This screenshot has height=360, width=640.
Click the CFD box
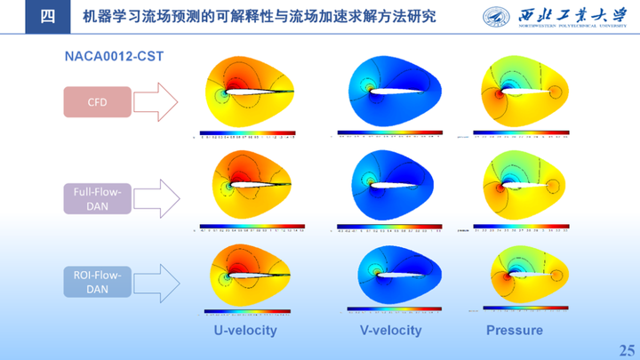point(97,102)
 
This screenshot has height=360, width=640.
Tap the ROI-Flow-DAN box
point(97,283)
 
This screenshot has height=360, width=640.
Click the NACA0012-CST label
point(113,56)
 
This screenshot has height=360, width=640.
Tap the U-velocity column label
point(244,331)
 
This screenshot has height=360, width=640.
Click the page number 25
point(626,348)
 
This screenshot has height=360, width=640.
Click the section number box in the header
point(48,17)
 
